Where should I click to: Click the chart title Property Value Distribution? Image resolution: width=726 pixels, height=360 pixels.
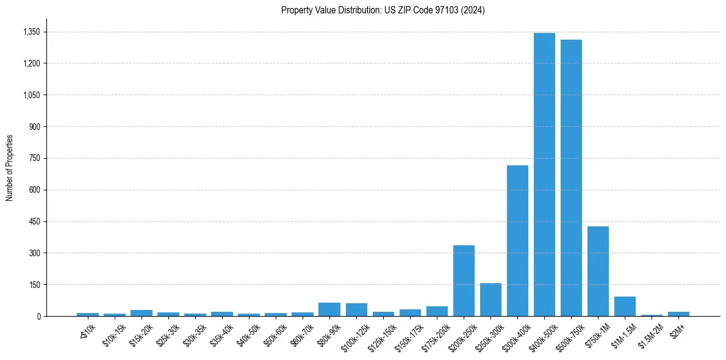click(x=383, y=10)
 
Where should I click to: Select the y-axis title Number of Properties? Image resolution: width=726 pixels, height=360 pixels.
click(x=10, y=168)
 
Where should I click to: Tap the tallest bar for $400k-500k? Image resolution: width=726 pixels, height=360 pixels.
click(x=544, y=175)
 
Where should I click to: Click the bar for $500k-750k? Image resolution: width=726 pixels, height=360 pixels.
click(x=571, y=178)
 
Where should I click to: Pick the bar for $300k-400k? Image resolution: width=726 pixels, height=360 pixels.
click(x=517, y=241)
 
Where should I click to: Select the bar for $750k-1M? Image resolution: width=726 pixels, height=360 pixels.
click(x=598, y=272)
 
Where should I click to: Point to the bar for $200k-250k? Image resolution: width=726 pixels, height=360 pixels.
click(x=464, y=281)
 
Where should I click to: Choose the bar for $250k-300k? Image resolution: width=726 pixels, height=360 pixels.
click(x=491, y=300)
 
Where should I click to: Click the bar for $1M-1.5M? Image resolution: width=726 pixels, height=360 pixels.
click(x=625, y=306)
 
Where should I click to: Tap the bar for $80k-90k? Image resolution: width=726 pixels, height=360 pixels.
click(x=329, y=309)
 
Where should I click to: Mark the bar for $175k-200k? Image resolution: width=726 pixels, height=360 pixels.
click(x=437, y=311)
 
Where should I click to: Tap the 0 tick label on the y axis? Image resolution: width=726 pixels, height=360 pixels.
click(x=38, y=317)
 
